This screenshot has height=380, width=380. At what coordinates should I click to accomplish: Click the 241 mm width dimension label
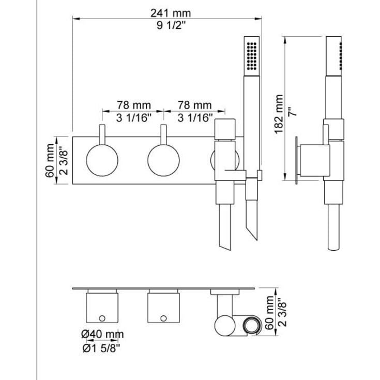[x=171, y=13]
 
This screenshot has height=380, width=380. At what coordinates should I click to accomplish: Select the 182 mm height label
[x=279, y=114]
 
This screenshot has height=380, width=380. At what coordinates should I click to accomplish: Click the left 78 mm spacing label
[x=134, y=105]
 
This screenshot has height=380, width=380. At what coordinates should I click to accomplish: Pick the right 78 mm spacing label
[x=194, y=105]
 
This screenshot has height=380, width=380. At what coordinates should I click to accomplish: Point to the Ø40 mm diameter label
[x=102, y=335]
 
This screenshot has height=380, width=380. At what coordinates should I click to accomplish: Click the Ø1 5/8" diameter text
[x=101, y=348]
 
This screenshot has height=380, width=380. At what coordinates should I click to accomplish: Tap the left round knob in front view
[x=102, y=160]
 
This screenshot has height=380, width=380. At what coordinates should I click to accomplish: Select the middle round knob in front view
[x=163, y=160]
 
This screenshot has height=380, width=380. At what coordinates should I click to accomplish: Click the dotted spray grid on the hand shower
[x=252, y=56]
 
